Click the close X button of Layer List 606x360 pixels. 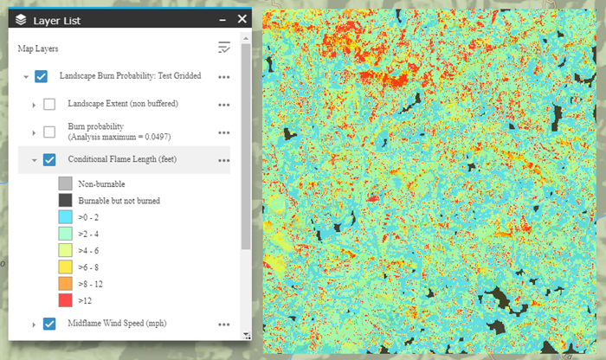pos(242,17)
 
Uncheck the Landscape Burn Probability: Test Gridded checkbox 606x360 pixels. pos(41,76)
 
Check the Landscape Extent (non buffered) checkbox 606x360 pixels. pos(49,104)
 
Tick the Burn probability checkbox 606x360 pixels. pos(49,132)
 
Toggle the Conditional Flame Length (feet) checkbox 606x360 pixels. pos(49,159)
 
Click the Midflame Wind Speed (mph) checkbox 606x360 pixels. pos(49,324)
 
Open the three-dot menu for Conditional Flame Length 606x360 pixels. pos(224,160)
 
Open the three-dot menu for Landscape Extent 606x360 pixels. pos(224,105)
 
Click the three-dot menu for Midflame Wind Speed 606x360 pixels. pos(224,325)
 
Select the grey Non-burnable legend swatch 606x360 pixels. pos(65,183)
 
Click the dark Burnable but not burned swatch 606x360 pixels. pos(65,201)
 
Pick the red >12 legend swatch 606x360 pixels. pos(65,299)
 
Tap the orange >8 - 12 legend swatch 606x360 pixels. pos(65,283)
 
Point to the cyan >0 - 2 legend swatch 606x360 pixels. pos(65,217)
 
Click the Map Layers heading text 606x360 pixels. pos(38,48)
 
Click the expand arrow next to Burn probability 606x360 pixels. pos(34,132)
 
